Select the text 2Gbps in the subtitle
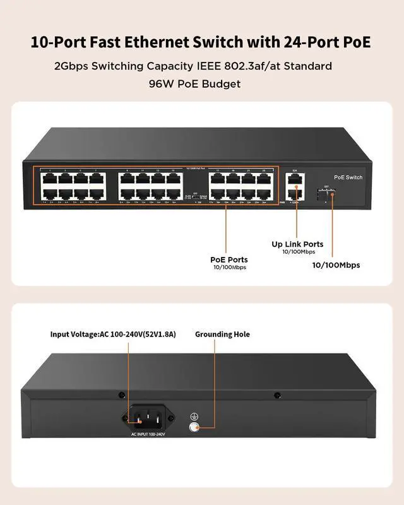coord(71,66)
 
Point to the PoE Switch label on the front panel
coord(348,177)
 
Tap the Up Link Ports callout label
coord(297,244)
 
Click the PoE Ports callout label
coord(229,259)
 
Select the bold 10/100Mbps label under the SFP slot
coord(336,265)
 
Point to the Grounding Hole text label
coord(222,335)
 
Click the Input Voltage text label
coord(113,335)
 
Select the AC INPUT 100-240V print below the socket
coord(148,434)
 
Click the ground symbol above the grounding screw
coord(194,416)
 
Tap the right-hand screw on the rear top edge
coord(276,396)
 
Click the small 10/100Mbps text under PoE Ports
coord(229,268)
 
